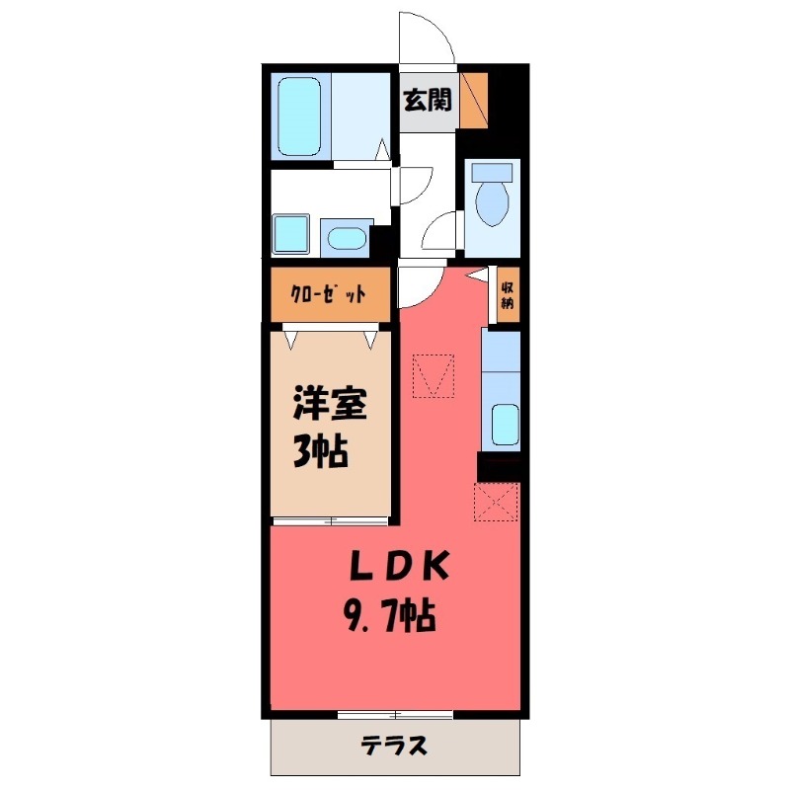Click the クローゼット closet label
329,294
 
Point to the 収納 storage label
507,294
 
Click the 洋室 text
330,406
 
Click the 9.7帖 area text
389,619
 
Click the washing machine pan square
292,235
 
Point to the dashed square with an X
497,501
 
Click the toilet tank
492,172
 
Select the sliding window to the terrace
395,714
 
